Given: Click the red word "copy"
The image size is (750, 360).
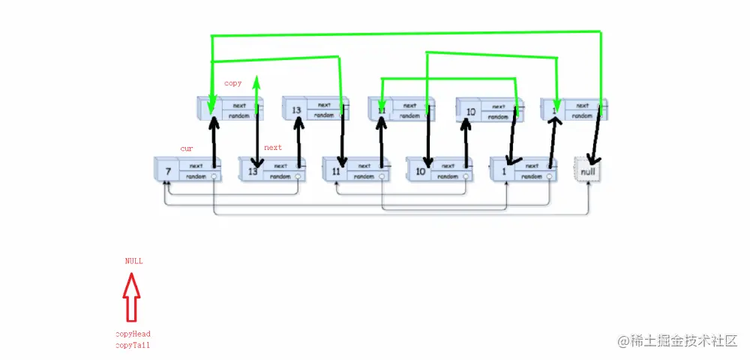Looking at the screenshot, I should tap(232, 83).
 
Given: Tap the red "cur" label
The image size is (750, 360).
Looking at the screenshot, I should tap(187, 148).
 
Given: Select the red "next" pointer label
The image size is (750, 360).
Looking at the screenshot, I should tap(273, 148).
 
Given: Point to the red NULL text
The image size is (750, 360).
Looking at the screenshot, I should tap(133, 261).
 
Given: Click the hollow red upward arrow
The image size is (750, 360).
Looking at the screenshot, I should tap(132, 297).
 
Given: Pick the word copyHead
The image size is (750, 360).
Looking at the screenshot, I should tap(133, 334).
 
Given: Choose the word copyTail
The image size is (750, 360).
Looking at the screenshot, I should tap(133, 345).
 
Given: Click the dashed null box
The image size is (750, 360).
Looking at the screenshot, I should tap(587, 171).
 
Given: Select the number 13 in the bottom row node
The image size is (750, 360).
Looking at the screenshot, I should tap(252, 172).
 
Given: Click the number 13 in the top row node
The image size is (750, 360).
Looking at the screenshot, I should tap(296, 110).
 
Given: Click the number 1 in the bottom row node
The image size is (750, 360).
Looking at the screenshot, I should tap(503, 172).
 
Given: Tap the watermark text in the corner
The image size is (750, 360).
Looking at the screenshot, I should tap(677, 341).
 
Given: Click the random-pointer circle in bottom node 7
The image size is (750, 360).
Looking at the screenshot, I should tap(214, 177).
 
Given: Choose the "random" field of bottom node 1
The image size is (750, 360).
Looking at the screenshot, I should tap(532, 177).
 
